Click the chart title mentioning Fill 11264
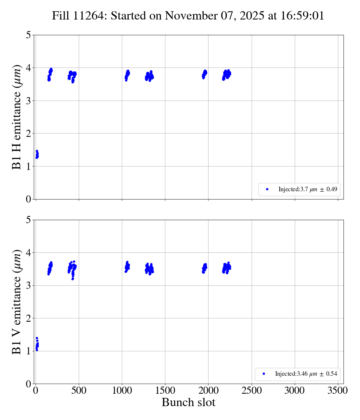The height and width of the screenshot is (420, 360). pos(188,16)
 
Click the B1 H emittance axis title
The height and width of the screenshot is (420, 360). pos(17,117)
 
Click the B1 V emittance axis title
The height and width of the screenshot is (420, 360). pos(17,302)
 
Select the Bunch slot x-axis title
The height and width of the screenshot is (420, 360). pos(188,402)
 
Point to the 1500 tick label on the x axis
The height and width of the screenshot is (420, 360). pos(165,390)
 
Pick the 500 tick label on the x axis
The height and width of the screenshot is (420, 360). pos(79,390)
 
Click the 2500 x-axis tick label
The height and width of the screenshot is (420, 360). pos(252,390)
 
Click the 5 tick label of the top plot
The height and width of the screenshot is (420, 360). pos(28,35)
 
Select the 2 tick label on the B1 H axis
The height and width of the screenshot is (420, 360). pos(28,133)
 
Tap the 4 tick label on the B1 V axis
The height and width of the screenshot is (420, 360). pos(28,253)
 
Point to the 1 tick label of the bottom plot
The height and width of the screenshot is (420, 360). pos(28,351)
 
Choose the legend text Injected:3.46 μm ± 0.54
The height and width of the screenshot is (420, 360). pos(306,374)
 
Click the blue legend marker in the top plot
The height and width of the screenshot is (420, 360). pos(267,189)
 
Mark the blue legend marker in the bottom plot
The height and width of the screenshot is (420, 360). pos(264,374)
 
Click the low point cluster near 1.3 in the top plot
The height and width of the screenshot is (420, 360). pos(37,154)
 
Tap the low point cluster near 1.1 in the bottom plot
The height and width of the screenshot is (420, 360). pos(37,345)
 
